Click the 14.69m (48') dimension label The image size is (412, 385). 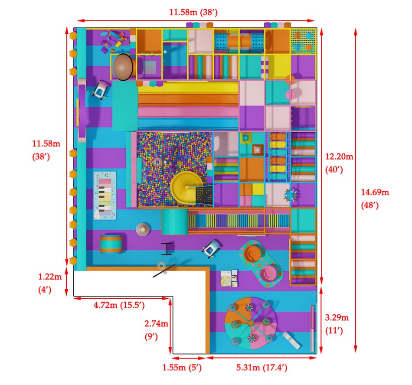click(x=375, y=199)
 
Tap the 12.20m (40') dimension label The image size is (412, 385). click(x=339, y=163)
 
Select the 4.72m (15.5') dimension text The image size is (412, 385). click(x=119, y=305)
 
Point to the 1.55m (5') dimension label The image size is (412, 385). click(x=182, y=367)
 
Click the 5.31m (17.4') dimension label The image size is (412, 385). click(x=262, y=367)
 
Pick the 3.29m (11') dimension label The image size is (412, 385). click(x=337, y=324)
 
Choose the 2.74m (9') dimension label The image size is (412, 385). click(x=156, y=330)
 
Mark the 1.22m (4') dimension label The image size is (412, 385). click(x=50, y=283)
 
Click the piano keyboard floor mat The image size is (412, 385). click(x=105, y=196)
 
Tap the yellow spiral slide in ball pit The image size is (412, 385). click(x=187, y=187)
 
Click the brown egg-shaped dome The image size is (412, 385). click(x=122, y=67)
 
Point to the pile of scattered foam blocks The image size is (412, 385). click(x=114, y=40)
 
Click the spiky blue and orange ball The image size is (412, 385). click(x=291, y=195)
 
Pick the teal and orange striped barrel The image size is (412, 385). click(x=111, y=244)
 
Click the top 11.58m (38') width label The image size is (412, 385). click(x=193, y=12)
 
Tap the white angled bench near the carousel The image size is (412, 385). click(x=291, y=340)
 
